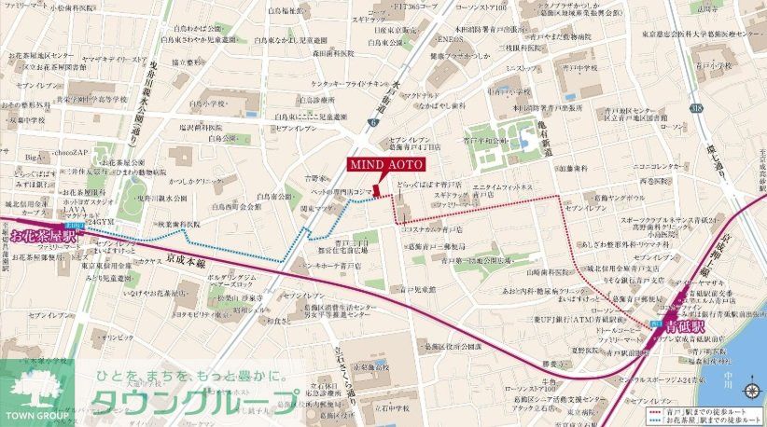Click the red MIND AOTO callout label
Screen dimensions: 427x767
(x=387, y=164)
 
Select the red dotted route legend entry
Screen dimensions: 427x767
(x=699, y=407)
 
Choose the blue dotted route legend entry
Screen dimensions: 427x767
(x=699, y=417)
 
